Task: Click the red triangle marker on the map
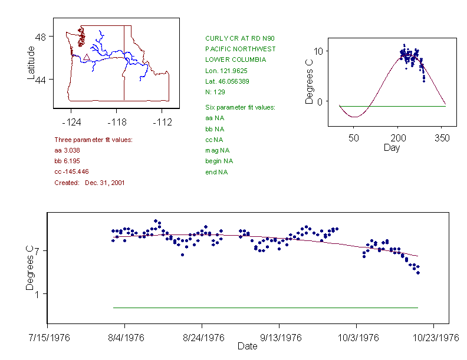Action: coord(86,57)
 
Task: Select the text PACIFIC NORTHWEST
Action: coord(240,49)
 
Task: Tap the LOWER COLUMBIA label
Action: coord(235,60)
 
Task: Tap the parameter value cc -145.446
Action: coord(71,171)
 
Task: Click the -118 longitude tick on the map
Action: coord(117,122)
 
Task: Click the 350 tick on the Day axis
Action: coord(442,138)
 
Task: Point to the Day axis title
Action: coord(392,147)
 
